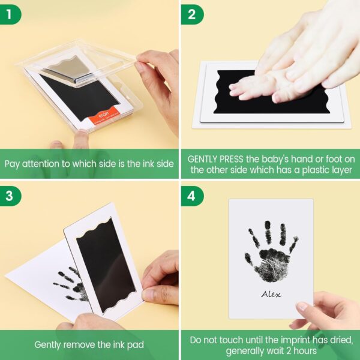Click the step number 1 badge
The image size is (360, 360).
click(11, 14)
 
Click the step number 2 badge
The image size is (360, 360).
click(192, 14)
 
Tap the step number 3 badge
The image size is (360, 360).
click(11, 196)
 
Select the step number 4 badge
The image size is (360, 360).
click(192, 196)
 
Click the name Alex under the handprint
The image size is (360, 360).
click(271, 294)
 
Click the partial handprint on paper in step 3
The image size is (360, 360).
click(71, 283)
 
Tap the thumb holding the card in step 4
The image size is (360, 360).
click(302, 307)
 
